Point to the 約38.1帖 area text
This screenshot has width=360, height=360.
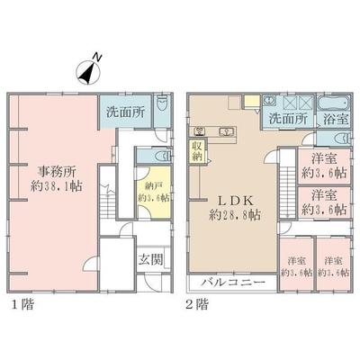coord(57,188)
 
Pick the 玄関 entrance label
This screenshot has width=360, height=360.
coord(149,260)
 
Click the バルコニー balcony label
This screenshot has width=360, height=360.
coord(231,282)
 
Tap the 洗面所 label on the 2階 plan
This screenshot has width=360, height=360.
coord(287,117)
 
